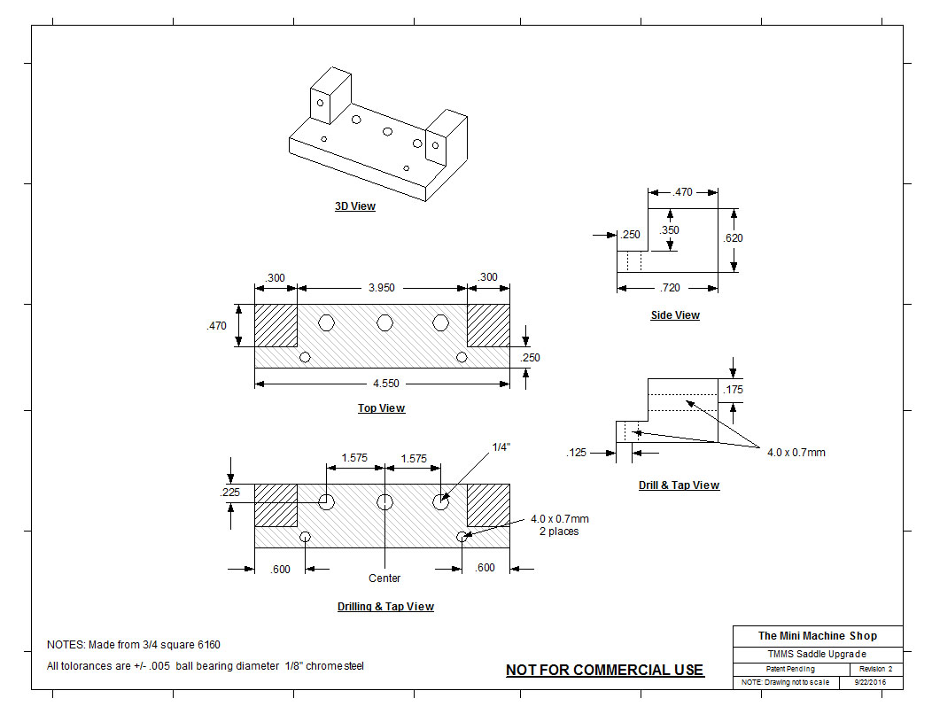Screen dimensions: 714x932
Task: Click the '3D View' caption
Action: point(354,206)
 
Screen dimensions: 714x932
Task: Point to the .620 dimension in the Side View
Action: point(733,238)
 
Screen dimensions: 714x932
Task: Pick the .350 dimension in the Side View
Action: point(670,230)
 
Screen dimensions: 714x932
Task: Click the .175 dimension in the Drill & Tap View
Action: point(733,390)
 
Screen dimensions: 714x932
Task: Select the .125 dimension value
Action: point(576,453)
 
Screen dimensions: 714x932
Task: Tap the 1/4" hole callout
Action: point(502,448)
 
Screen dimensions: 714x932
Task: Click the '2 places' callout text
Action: point(559,532)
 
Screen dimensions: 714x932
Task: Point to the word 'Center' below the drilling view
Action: point(384,578)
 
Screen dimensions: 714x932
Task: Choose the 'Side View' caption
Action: point(675,315)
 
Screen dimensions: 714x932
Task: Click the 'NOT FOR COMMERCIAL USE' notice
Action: point(604,671)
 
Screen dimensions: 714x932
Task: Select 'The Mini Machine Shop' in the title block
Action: point(817,635)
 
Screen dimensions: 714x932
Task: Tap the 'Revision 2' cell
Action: point(876,669)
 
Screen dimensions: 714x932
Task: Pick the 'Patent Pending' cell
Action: point(790,669)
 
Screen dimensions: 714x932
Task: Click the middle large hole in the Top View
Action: point(384,322)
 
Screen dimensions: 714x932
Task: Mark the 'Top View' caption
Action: point(381,408)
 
